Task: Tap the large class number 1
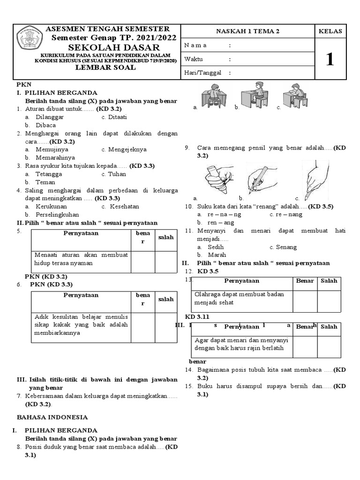330,60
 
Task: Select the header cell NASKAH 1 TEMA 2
247,31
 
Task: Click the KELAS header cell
330,31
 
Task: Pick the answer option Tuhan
117,174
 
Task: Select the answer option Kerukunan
52,206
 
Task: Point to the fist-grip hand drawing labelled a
218,178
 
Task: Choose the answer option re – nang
289,214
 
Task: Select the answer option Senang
286,247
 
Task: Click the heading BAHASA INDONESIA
52,417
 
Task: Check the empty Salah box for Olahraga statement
329,301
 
